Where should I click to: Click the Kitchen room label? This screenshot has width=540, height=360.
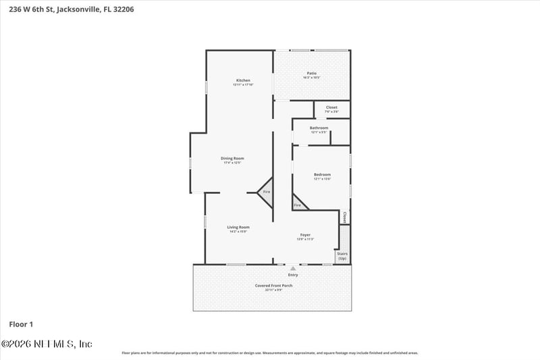pos(243,80)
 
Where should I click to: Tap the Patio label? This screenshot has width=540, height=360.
pos(312,73)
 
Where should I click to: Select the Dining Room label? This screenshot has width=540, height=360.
pos(232,158)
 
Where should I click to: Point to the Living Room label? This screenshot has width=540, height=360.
pos(238,227)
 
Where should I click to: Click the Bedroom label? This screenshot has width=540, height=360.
pos(322,174)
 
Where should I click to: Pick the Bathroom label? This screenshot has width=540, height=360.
pos(319,128)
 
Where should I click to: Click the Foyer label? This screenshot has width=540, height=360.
pos(305,235)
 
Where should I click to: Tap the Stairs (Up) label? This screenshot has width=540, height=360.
pos(342,256)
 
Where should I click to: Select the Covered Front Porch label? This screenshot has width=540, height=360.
pos(273,285)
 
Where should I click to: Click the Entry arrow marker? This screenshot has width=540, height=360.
pos(293,269)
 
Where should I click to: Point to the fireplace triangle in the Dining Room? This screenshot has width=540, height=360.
pos(265,191)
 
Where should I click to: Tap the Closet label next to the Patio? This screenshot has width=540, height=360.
pos(331,107)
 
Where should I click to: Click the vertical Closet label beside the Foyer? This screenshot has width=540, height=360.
pos(344,217)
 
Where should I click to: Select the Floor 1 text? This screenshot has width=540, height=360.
pos(21,324)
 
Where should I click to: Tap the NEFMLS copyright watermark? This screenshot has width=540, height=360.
pos(47,344)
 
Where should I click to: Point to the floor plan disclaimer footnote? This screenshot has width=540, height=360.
pos(269,353)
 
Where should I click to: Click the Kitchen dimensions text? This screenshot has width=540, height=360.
pos(243,84)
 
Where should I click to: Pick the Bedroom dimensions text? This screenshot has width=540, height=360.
pos(322,179)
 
